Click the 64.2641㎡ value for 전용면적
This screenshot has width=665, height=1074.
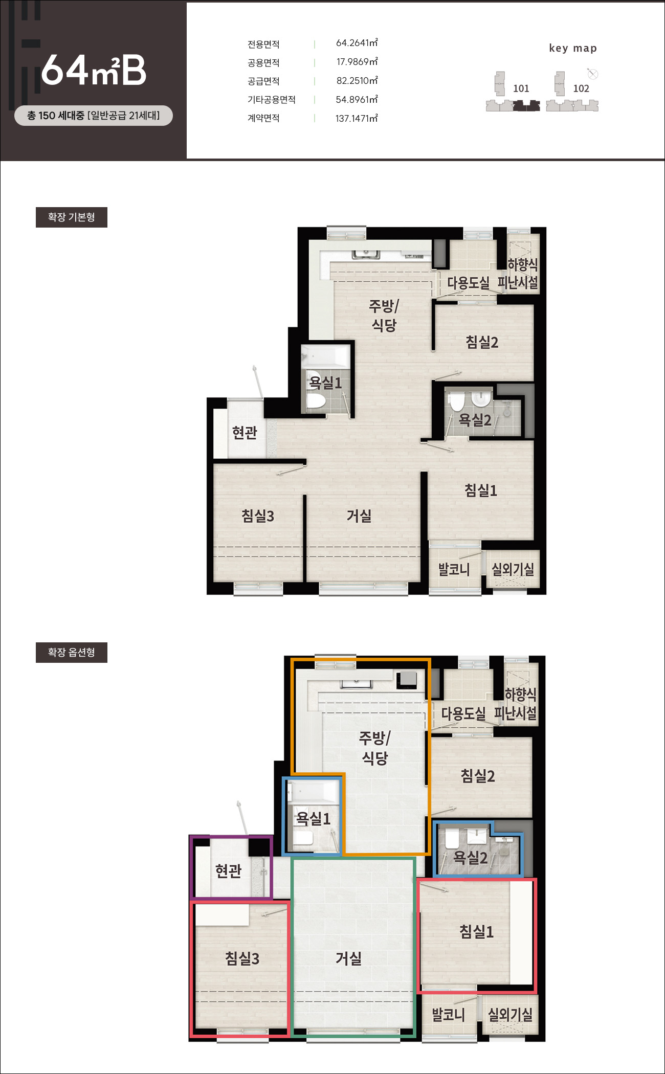[x=357, y=43]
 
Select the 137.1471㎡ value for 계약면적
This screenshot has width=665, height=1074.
[x=357, y=119]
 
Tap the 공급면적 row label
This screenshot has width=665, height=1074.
[x=263, y=81]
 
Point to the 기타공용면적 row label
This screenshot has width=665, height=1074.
[x=272, y=100]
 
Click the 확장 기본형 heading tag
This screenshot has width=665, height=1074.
[x=72, y=217]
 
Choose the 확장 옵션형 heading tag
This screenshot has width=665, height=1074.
[x=72, y=653]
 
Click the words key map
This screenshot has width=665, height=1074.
[x=573, y=48]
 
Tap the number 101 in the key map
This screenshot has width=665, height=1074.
[x=521, y=88]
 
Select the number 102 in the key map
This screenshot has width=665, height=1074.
[x=581, y=88]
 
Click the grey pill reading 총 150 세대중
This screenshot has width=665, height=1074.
[x=94, y=116]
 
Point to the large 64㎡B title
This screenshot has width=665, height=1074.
[x=94, y=70]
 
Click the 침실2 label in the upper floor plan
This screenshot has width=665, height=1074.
[x=482, y=342]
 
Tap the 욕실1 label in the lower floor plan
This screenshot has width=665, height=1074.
[x=314, y=819]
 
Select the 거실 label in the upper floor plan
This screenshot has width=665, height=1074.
[x=359, y=516]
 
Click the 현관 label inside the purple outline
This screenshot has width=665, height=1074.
[x=228, y=870]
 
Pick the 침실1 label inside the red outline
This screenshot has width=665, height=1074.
[x=477, y=931]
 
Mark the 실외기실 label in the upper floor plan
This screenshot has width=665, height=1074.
[x=513, y=569]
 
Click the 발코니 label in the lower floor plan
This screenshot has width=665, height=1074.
[x=449, y=1015]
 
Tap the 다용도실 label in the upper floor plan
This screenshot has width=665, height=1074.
[x=468, y=282]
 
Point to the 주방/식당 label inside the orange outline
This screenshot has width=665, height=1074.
[x=374, y=748]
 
